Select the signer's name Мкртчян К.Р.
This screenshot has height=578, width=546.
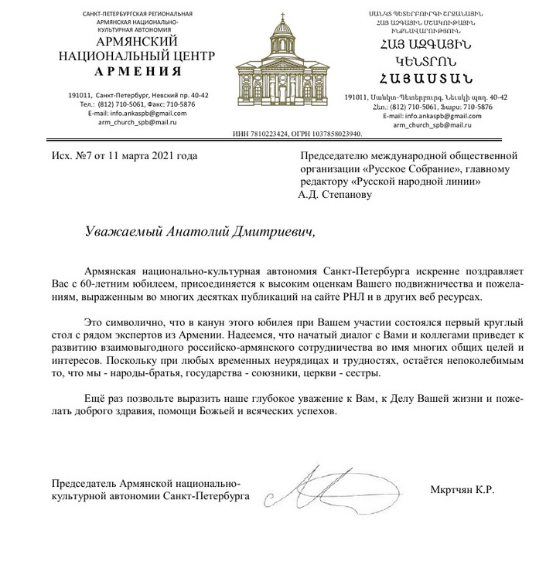pyautogui.click(x=461, y=489)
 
